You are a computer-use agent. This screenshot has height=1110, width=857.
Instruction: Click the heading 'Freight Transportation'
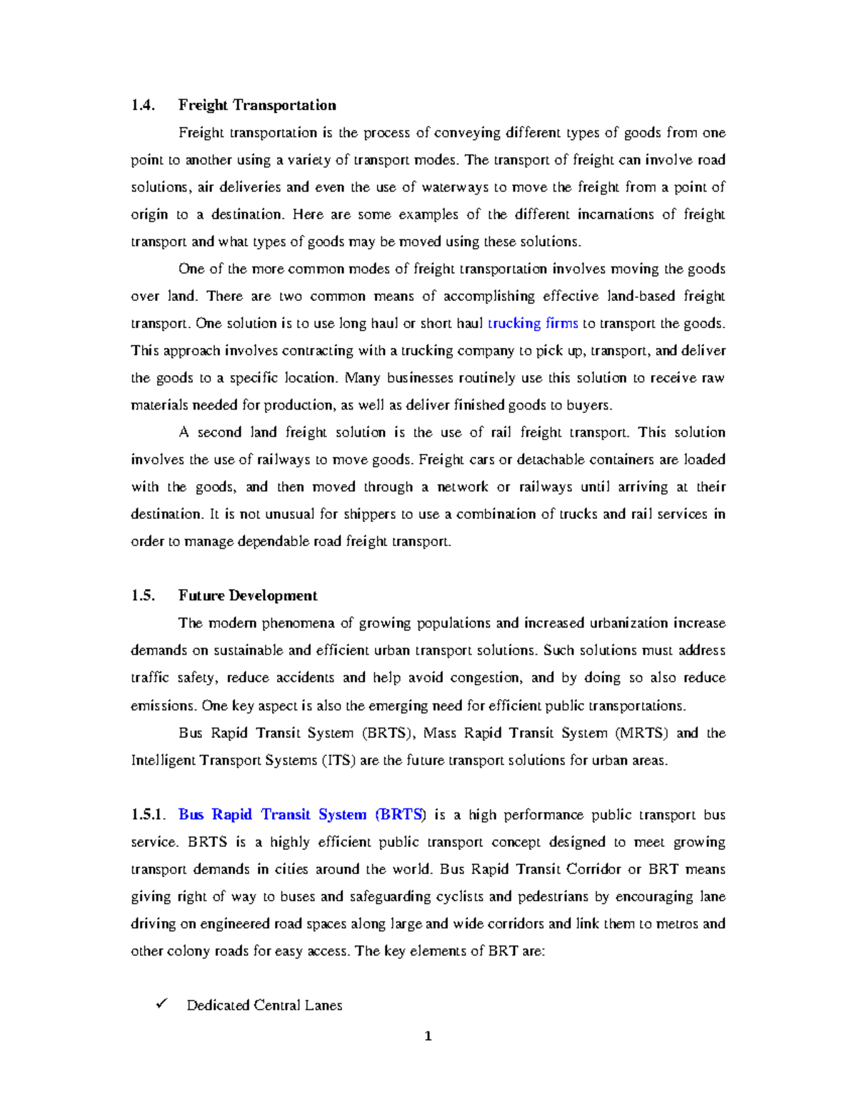[257, 105]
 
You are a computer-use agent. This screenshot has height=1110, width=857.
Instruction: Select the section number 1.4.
[142, 105]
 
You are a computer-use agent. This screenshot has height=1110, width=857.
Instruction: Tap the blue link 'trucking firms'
[533, 323]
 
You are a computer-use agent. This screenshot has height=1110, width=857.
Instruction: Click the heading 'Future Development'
[248, 595]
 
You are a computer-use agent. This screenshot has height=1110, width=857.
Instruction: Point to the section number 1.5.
[142, 595]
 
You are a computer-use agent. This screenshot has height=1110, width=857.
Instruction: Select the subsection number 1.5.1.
[148, 814]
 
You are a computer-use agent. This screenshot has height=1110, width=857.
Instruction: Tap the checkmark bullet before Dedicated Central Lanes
[160, 1004]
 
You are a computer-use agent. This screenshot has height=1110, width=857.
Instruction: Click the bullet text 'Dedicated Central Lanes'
[264, 1005]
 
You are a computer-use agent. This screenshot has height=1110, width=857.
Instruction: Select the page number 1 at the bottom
[428, 1036]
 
